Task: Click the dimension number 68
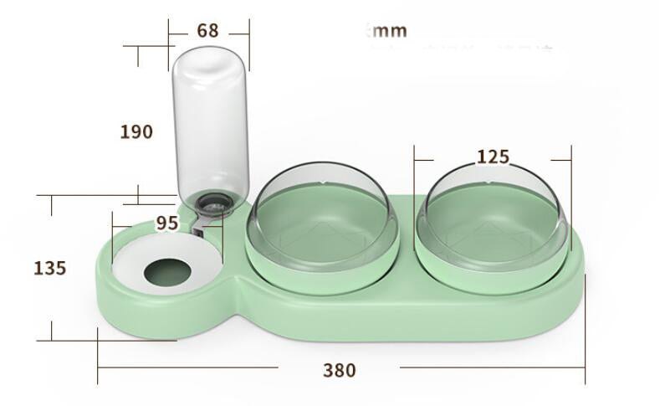pos(207,31)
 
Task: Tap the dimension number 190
pos(136,131)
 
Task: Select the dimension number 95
pos(167,224)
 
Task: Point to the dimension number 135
pos(49,268)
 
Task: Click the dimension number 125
pos(493,157)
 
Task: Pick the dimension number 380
pos(339,369)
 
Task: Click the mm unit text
pos(387,31)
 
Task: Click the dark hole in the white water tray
pos(167,272)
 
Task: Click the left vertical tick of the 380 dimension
pos(98,356)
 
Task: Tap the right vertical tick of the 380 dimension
pos(585,356)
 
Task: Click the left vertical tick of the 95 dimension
pos(112,226)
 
